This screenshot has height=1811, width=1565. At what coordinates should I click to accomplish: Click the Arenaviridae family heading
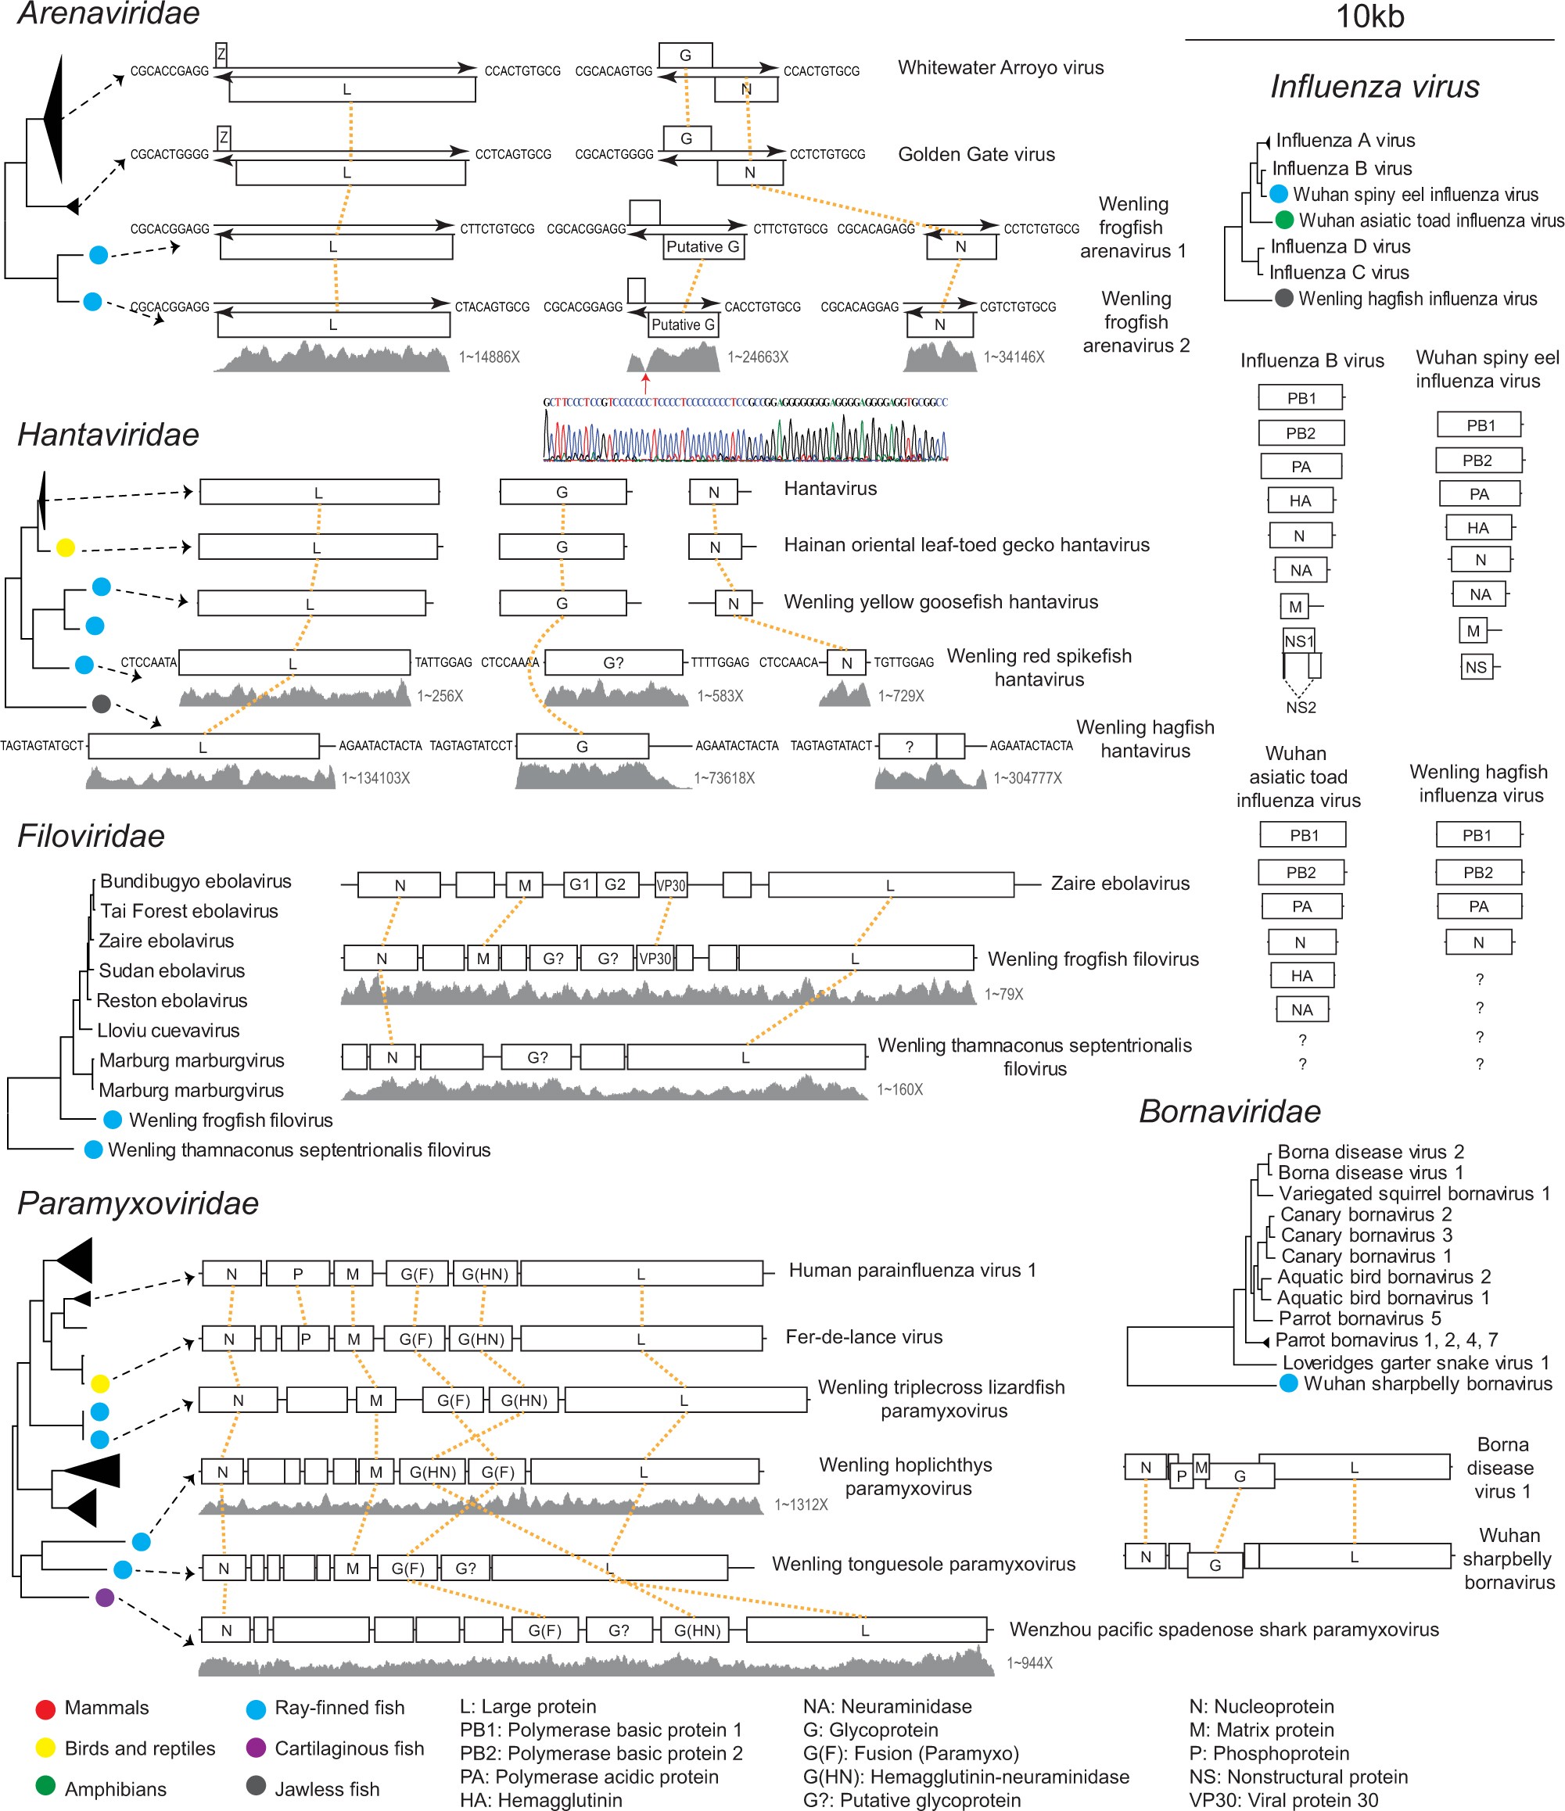pyautogui.click(x=109, y=14)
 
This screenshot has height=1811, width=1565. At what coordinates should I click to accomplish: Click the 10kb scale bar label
pyautogui.click(x=1369, y=16)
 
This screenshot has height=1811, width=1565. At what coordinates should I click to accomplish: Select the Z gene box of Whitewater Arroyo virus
pyautogui.click(x=221, y=54)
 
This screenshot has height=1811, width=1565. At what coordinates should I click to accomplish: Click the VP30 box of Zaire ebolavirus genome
pyautogui.click(x=670, y=885)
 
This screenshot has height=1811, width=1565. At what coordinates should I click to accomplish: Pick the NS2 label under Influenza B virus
pyautogui.click(x=1300, y=707)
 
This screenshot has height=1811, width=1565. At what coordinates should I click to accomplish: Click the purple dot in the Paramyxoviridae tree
pyautogui.click(x=105, y=1598)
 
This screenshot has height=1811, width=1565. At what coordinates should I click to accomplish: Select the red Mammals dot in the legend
pyautogui.click(x=45, y=1709)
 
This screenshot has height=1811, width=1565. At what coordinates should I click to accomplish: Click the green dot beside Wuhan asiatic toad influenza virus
pyautogui.click(x=1283, y=221)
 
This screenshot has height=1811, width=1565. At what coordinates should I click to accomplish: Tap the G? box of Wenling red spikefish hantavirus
pyautogui.click(x=614, y=662)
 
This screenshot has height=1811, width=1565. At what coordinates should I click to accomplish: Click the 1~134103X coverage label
pyautogui.click(x=376, y=778)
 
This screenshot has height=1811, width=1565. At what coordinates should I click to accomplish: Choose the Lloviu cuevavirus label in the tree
pyautogui.click(x=168, y=1031)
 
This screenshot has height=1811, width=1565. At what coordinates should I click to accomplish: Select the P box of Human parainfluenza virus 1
pyautogui.click(x=298, y=1274)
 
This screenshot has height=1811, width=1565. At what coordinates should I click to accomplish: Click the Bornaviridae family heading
pyautogui.click(x=1229, y=1112)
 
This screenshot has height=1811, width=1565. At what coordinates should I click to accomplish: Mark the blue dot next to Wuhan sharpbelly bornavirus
pyautogui.click(x=1288, y=1383)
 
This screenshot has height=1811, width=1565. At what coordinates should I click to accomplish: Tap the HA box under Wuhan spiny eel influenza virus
pyautogui.click(x=1477, y=528)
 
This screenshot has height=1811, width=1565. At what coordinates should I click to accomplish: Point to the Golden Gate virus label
pyautogui.click(x=976, y=155)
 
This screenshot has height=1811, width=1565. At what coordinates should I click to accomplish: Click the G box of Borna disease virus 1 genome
pyautogui.click(x=1239, y=1476)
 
